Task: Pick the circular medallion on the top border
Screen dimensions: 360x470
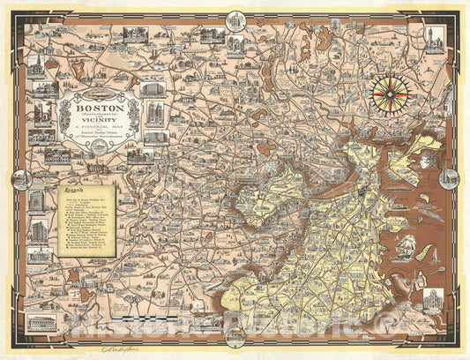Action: click(x=235, y=19)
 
